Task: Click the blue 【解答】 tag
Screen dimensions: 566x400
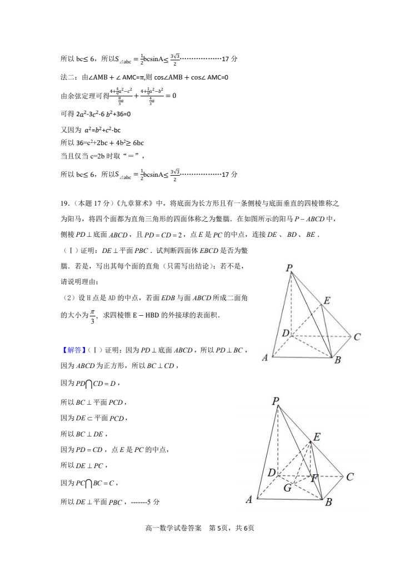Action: (71, 350)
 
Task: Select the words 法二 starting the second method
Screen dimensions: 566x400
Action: (67, 77)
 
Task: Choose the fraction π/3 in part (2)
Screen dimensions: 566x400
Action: (93, 315)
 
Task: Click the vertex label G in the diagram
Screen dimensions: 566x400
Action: (287, 489)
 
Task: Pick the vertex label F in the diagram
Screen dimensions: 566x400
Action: (314, 478)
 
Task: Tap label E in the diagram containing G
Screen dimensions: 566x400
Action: (317, 437)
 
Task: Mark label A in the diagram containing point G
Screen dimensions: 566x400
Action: (249, 500)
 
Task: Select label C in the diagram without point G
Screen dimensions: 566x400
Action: (357, 337)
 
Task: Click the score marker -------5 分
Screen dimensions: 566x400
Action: (146, 502)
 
